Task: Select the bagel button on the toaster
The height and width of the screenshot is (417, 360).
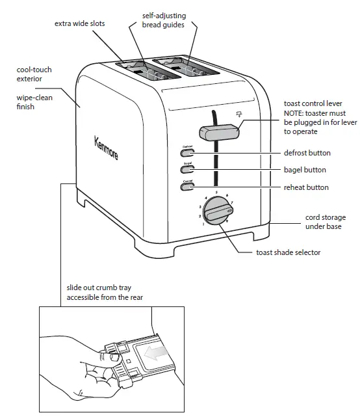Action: tap(188, 170)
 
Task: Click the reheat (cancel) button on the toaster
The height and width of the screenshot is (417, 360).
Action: tap(188, 187)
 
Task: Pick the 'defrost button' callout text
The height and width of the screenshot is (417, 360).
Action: tap(307, 153)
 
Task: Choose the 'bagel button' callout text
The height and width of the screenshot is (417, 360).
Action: tap(305, 170)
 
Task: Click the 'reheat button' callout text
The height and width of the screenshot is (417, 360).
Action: tap(307, 187)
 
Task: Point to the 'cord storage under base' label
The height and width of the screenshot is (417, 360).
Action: tap(326, 222)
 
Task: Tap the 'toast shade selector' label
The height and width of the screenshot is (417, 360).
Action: tap(288, 252)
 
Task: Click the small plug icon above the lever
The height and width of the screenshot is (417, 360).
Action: tap(239, 115)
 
